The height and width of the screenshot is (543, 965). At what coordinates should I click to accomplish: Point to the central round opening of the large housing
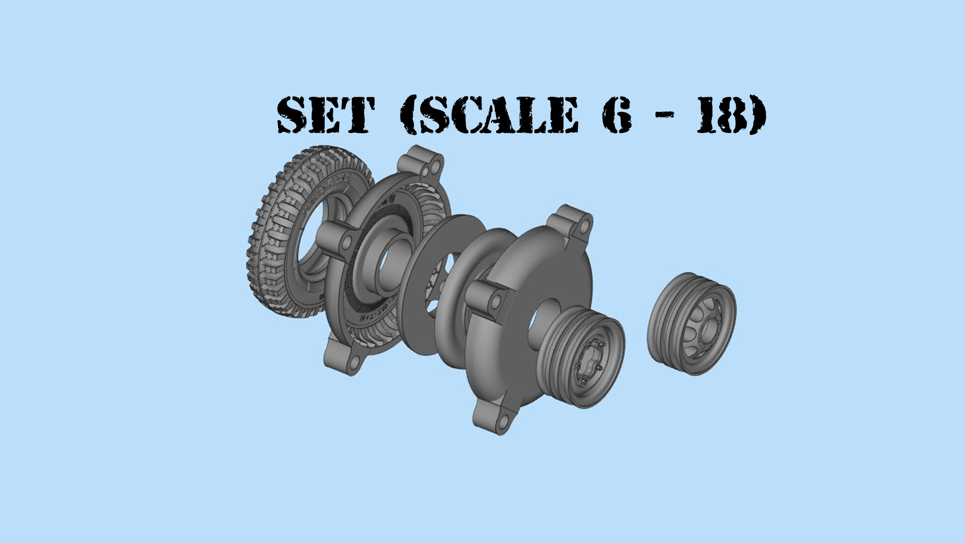tap(539, 319)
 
